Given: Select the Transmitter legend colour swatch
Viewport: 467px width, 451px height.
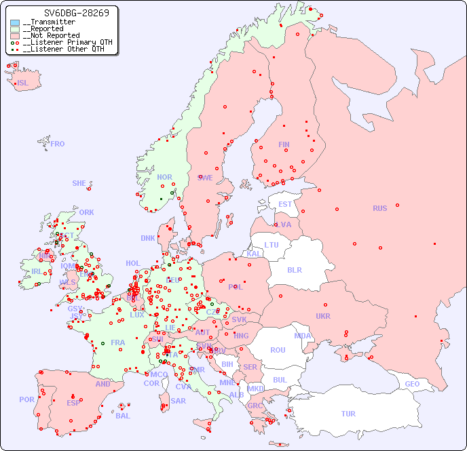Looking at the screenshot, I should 15,22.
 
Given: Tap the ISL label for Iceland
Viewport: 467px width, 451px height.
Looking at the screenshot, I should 23,83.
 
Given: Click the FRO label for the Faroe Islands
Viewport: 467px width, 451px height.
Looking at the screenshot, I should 58,144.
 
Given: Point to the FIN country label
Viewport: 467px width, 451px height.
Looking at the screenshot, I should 284,144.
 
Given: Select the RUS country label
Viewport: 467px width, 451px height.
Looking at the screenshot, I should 379,208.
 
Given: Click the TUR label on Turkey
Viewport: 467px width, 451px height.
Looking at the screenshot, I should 348,414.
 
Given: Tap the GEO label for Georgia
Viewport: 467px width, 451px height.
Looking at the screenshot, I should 412,384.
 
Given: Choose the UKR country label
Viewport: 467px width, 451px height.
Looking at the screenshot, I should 323,316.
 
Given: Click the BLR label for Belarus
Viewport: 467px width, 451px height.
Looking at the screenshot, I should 295,269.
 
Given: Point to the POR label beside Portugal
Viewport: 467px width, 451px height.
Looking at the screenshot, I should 26,399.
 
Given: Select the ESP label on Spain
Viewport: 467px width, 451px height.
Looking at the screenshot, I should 73,403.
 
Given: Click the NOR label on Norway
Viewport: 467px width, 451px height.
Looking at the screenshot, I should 165,177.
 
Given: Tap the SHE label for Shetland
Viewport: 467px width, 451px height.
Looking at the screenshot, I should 79,183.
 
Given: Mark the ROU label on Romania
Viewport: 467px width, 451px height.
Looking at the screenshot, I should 278,350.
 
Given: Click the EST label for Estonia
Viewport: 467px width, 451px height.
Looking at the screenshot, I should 285,204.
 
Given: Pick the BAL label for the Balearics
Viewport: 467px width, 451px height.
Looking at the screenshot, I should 123,416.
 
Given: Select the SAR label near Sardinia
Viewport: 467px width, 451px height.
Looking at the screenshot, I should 179,401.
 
